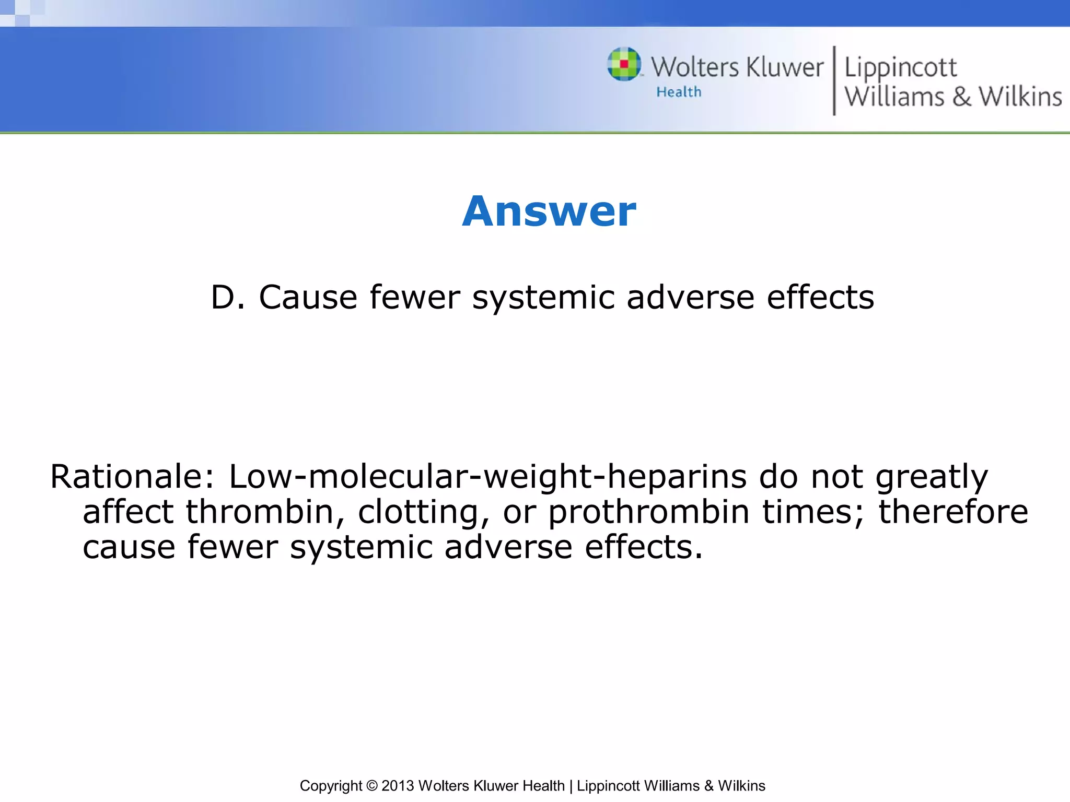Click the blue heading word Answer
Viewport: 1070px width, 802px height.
(549, 211)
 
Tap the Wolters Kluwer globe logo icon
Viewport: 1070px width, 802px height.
(624, 64)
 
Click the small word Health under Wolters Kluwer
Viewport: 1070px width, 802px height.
(679, 92)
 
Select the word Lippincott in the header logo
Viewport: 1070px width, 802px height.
(900, 68)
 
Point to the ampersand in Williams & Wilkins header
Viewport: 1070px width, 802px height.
(961, 97)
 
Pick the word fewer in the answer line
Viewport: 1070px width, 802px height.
(414, 298)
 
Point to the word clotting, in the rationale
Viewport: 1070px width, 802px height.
(423, 512)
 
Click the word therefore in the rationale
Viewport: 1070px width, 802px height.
(953, 512)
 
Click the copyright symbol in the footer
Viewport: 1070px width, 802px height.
(371, 786)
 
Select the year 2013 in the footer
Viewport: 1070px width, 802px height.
(398, 786)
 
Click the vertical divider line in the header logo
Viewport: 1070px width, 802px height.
(834, 80)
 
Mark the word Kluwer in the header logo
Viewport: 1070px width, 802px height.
(785, 68)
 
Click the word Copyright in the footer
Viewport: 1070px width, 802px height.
(331, 786)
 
